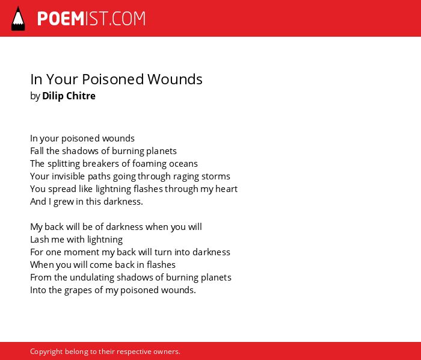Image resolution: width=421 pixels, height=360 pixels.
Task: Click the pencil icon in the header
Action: coord(18,19)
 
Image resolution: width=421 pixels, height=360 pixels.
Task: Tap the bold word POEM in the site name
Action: coord(61,19)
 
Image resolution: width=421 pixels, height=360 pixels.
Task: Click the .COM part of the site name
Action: coord(127,19)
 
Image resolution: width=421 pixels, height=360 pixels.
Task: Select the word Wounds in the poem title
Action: coord(175,79)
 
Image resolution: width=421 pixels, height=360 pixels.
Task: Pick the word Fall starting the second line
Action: coord(37,151)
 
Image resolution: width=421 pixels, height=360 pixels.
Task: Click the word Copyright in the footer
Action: coord(46,352)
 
